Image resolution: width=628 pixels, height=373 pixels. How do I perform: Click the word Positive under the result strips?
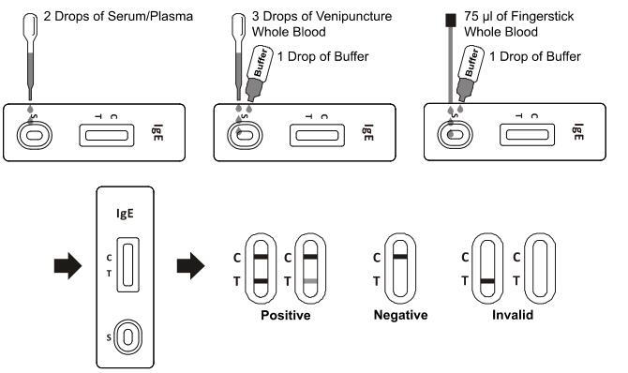pyautogui.click(x=286, y=315)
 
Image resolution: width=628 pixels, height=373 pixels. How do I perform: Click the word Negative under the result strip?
pyautogui.click(x=400, y=315)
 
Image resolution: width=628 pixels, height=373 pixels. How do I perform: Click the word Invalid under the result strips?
pyautogui.click(x=513, y=315)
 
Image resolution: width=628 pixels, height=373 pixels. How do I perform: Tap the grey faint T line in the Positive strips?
pyautogui.click(x=310, y=281)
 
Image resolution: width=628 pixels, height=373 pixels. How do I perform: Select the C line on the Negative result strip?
pyautogui.click(x=400, y=257)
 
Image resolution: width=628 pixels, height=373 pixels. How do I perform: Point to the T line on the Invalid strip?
pyautogui.click(x=487, y=281)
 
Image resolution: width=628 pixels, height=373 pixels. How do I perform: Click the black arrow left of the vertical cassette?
pyautogui.click(x=67, y=265)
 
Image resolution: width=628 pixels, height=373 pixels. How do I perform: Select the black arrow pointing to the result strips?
pyautogui.click(x=190, y=265)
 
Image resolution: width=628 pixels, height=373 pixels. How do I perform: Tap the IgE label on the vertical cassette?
pyautogui.click(x=125, y=213)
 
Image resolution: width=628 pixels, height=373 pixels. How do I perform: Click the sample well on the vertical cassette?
pyautogui.click(x=127, y=337)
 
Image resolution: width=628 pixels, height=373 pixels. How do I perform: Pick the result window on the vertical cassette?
pyautogui.click(x=128, y=265)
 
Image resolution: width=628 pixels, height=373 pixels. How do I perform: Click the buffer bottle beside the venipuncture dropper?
pyautogui.click(x=259, y=73)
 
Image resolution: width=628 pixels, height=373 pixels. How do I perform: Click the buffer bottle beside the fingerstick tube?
pyautogui.click(x=470, y=73)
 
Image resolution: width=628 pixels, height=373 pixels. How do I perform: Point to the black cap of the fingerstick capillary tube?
pyautogui.click(x=451, y=20)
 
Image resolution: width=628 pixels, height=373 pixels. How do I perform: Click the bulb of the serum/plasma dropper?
pyautogui.click(x=30, y=25)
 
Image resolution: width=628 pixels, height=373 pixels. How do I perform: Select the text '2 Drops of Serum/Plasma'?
pyautogui.click(x=118, y=17)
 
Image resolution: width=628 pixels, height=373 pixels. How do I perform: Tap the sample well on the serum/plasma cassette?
pyautogui.click(x=35, y=135)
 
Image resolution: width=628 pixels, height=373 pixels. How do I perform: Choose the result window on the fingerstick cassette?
pyautogui.click(x=527, y=135)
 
